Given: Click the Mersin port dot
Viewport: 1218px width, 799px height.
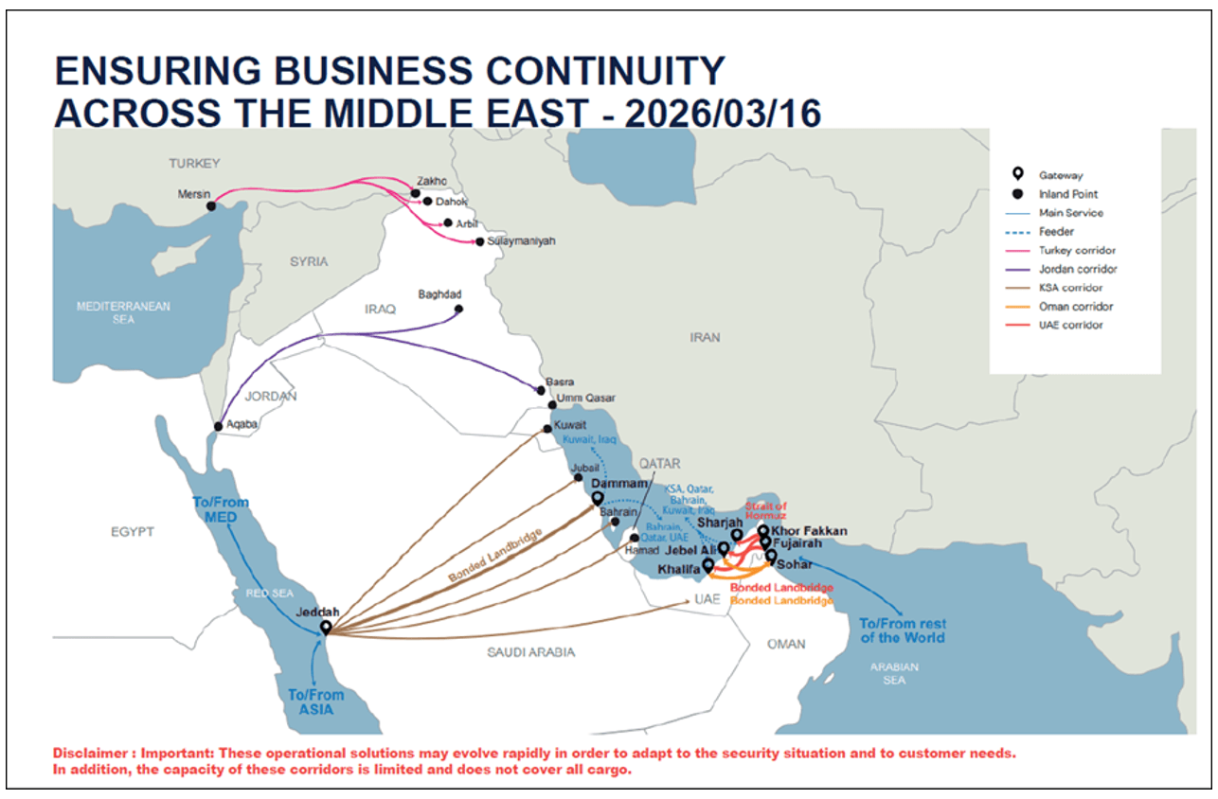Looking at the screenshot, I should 211,205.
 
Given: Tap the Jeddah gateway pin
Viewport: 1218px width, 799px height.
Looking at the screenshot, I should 326,628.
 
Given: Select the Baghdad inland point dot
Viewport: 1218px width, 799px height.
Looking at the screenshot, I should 459,309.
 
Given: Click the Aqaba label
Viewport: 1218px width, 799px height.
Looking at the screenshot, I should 242,424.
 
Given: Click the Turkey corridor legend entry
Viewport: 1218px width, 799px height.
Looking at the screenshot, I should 1077,250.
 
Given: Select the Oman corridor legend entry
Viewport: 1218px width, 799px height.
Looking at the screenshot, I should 1075,307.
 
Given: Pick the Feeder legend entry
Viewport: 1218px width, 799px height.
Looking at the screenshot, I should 1056,231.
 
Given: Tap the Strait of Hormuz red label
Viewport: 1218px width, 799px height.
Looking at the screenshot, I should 765,510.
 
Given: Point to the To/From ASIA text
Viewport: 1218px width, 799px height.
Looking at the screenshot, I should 316,701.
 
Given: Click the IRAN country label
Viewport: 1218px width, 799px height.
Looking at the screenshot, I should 705,337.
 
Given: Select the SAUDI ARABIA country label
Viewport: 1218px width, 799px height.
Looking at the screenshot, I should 530,652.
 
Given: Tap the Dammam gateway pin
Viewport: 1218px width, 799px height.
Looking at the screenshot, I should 598,498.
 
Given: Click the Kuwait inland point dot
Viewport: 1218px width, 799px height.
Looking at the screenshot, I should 546,429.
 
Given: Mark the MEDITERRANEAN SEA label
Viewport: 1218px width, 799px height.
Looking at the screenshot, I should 123,312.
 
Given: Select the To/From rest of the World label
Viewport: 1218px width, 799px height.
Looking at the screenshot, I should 901,630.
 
